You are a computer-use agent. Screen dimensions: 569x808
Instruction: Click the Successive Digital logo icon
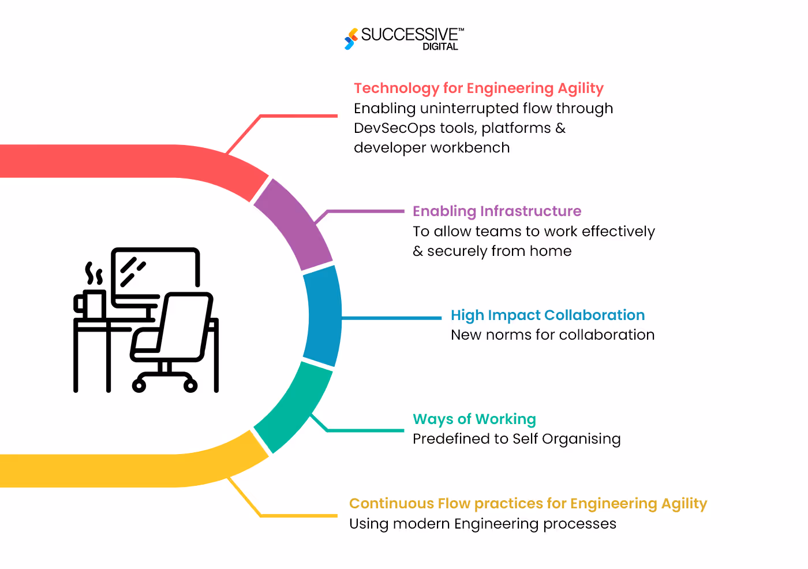[x=350, y=39]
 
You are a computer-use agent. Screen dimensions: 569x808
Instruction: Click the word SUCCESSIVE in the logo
[x=409, y=35]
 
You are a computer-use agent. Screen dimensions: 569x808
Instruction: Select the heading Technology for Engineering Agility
[x=478, y=88]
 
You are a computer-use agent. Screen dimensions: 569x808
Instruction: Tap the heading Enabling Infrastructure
[x=497, y=211]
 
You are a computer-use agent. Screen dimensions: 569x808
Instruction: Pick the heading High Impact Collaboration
[x=548, y=315]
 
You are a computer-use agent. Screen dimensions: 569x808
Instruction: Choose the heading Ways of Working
[x=474, y=419]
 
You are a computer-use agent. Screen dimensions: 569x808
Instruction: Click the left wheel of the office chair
[x=139, y=385]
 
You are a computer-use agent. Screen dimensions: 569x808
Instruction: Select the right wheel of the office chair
[x=190, y=385]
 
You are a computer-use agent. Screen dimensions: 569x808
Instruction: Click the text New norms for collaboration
[x=552, y=335]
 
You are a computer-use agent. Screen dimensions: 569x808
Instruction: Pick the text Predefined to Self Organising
[x=517, y=439]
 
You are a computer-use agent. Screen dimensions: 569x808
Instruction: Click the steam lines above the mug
[x=94, y=273]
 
